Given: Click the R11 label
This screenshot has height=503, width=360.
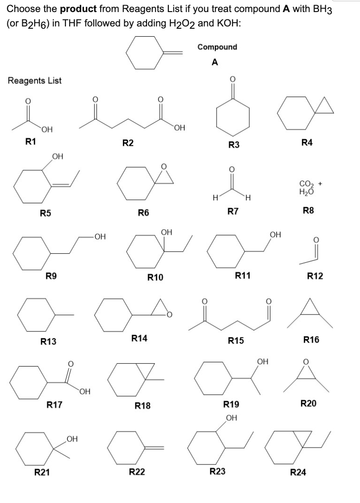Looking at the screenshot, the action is [243, 276].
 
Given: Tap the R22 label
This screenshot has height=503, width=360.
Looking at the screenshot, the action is [137, 472].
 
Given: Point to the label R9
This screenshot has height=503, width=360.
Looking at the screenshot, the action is [52, 277].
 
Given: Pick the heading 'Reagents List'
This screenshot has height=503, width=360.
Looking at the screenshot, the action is [34, 80].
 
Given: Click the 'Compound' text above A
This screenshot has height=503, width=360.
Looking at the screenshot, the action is [217, 47].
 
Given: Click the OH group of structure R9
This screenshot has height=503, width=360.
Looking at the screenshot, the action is [99, 237].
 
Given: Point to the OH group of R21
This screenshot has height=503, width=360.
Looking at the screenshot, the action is [71, 438].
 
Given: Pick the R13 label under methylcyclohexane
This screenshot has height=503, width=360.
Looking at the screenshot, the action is [48, 342].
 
